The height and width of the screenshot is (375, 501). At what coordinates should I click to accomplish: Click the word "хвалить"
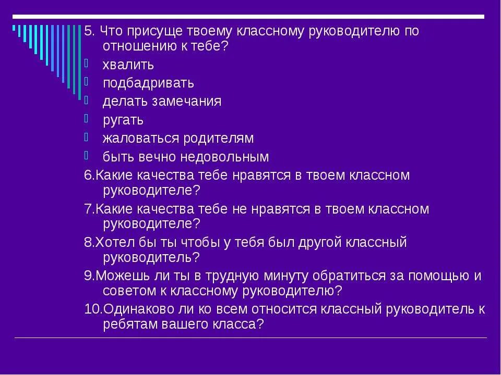coord(128,65)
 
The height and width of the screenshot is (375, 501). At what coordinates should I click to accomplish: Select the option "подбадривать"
coord(148,83)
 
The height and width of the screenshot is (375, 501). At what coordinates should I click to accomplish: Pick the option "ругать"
coord(123,120)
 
